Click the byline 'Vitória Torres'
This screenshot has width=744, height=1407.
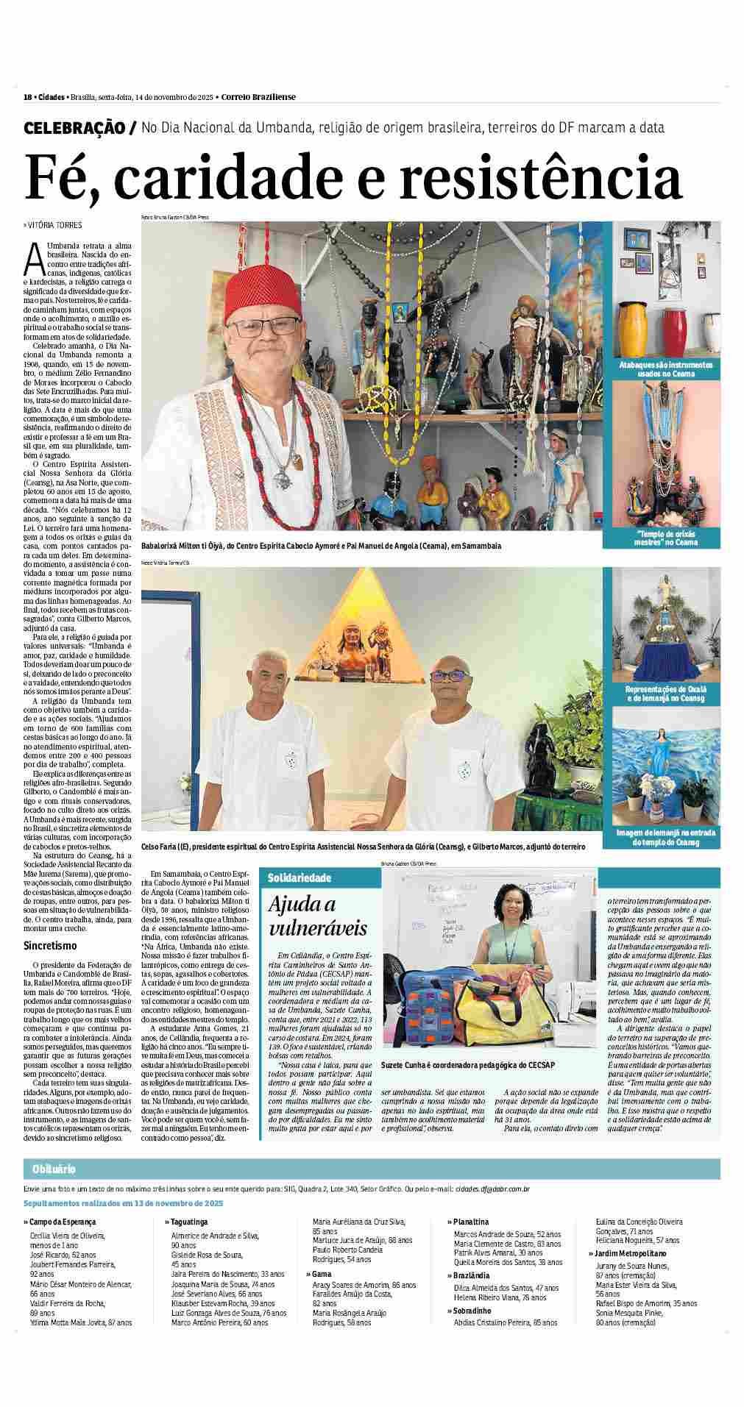pyautogui.click(x=53, y=225)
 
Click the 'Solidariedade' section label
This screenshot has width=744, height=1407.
pyautogui.click(x=300, y=878)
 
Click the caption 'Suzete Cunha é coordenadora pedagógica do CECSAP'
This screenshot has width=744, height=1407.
pyautogui.click(x=468, y=1065)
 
